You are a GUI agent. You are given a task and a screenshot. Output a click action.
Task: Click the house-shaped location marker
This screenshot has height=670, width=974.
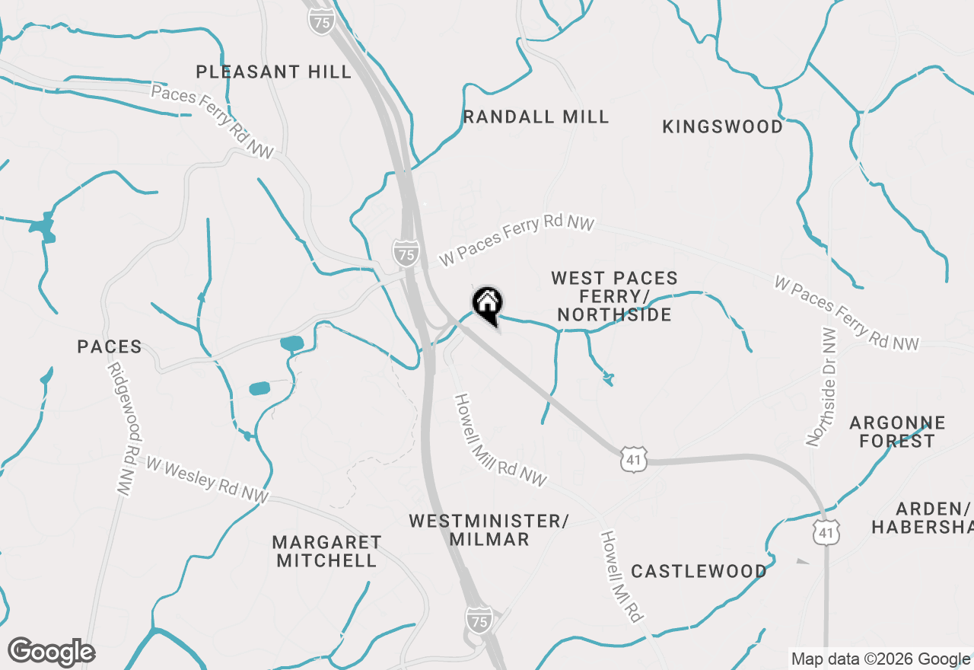coord(487,305)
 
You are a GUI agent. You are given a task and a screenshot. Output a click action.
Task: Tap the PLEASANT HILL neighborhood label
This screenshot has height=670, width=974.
coord(274,72)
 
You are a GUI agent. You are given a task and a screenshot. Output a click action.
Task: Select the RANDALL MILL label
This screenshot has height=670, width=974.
coord(536,116)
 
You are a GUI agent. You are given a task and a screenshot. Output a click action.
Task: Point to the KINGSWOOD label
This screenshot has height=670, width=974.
coord(722,126)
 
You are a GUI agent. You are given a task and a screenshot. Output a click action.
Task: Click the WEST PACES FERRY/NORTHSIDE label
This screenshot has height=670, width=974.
coord(614,296)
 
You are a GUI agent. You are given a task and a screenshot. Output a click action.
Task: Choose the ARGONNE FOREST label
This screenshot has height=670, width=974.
coord(897,432)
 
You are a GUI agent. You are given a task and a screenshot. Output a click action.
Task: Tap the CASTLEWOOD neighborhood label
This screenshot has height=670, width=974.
coord(699,571)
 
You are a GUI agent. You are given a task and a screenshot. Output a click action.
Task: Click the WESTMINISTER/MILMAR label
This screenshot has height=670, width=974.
coord(489,530)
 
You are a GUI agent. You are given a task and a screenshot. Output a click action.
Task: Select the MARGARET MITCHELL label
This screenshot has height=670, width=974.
coord(326,551)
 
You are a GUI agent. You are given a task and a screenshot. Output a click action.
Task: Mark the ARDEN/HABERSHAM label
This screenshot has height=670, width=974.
coord(922,518)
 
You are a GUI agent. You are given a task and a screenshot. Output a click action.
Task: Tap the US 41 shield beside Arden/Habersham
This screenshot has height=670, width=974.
coord(826,531)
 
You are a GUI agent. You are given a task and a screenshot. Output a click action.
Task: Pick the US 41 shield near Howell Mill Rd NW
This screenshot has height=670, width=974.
coord(633,459)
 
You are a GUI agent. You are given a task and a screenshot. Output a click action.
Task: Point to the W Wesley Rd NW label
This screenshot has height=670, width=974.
coord(208,480)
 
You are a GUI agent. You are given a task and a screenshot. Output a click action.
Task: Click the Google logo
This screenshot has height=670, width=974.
coord(51,652)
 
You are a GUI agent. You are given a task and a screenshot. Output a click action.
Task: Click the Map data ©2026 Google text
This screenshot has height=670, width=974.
coord(880,659)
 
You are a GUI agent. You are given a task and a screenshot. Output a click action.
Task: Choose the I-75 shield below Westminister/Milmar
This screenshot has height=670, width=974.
coord(479,617)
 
